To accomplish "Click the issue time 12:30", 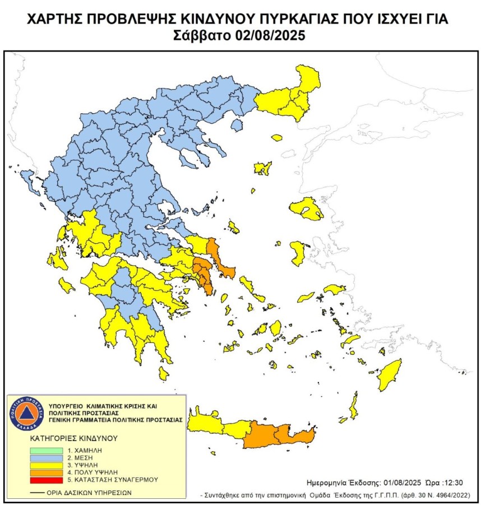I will [452, 481].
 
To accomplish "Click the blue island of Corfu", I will [26, 179].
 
